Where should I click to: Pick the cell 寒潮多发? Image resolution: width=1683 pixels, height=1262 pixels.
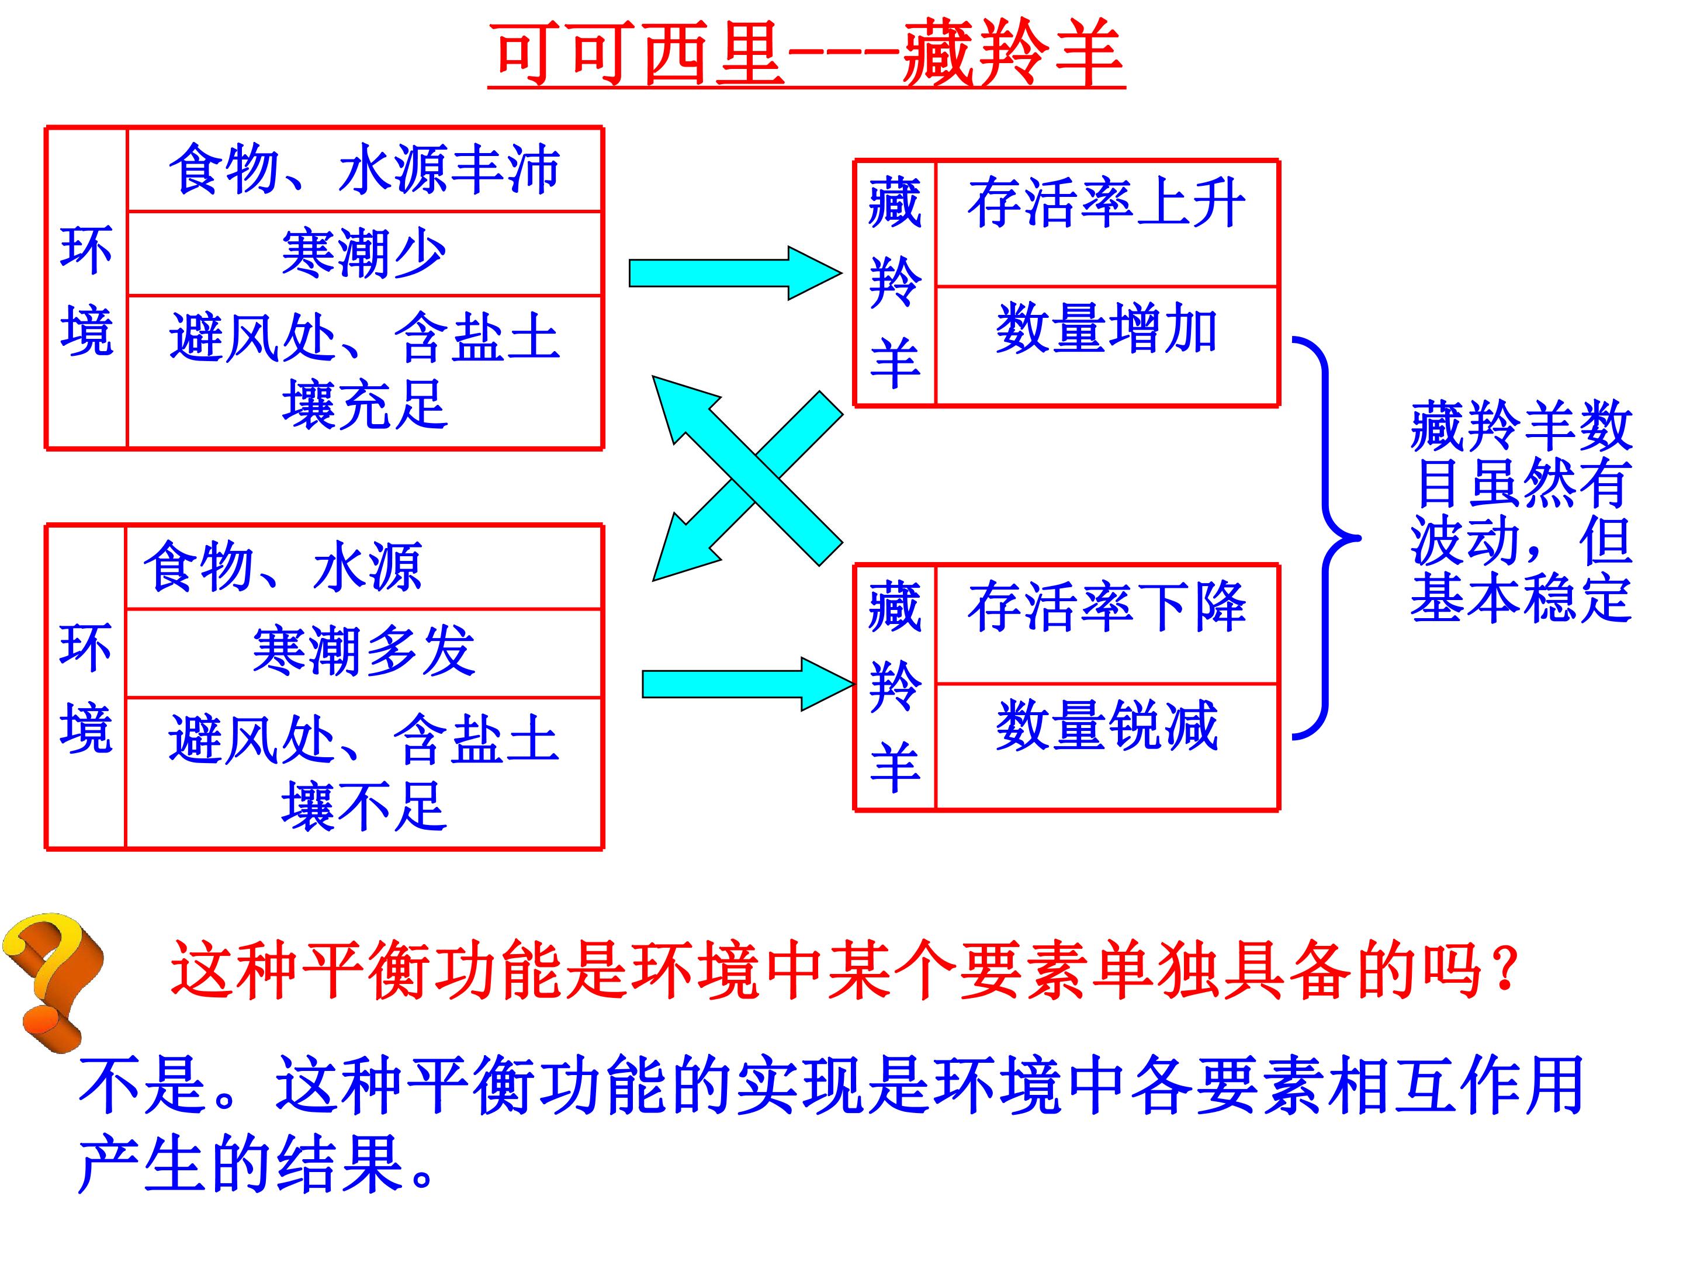coord(363,652)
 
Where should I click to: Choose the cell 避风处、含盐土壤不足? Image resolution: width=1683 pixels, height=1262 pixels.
coord(363,772)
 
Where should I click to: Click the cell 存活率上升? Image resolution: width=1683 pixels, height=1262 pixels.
coord(1106,223)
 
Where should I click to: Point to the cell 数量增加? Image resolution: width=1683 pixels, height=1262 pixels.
coord(1106,346)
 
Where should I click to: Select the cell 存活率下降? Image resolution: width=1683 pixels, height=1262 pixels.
coord(1106,625)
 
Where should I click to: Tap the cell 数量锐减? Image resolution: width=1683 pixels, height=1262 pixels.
coord(1106,746)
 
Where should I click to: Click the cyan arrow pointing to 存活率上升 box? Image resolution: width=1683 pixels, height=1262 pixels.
coord(735,273)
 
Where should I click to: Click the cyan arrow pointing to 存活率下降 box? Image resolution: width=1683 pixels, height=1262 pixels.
coord(749,684)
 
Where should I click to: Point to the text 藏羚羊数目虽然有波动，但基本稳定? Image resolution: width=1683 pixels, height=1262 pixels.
coord(1521,511)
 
